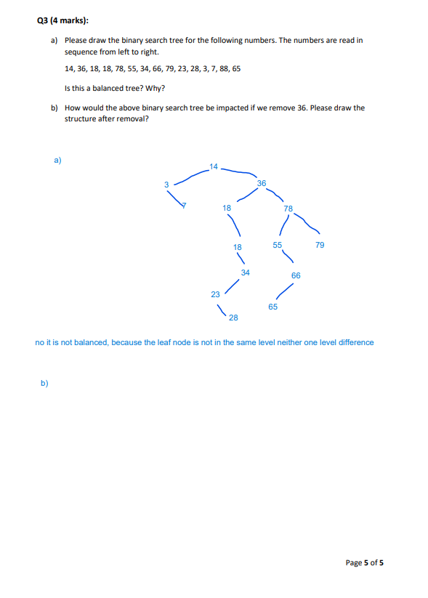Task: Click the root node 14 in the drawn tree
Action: tap(212, 168)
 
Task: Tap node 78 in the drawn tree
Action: tap(288, 209)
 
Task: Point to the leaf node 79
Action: tap(320, 245)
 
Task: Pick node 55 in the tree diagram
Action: tap(278, 245)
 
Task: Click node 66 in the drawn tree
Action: tap(296, 275)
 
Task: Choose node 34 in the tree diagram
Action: tap(246, 272)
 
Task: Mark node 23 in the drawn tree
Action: tap(215, 294)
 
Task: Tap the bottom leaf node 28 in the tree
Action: tap(233, 318)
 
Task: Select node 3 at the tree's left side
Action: tap(166, 184)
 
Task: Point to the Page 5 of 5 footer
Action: tap(364, 562)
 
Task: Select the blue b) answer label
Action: tap(44, 382)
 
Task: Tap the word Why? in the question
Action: tap(154, 89)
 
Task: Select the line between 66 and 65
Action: tap(284, 291)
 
